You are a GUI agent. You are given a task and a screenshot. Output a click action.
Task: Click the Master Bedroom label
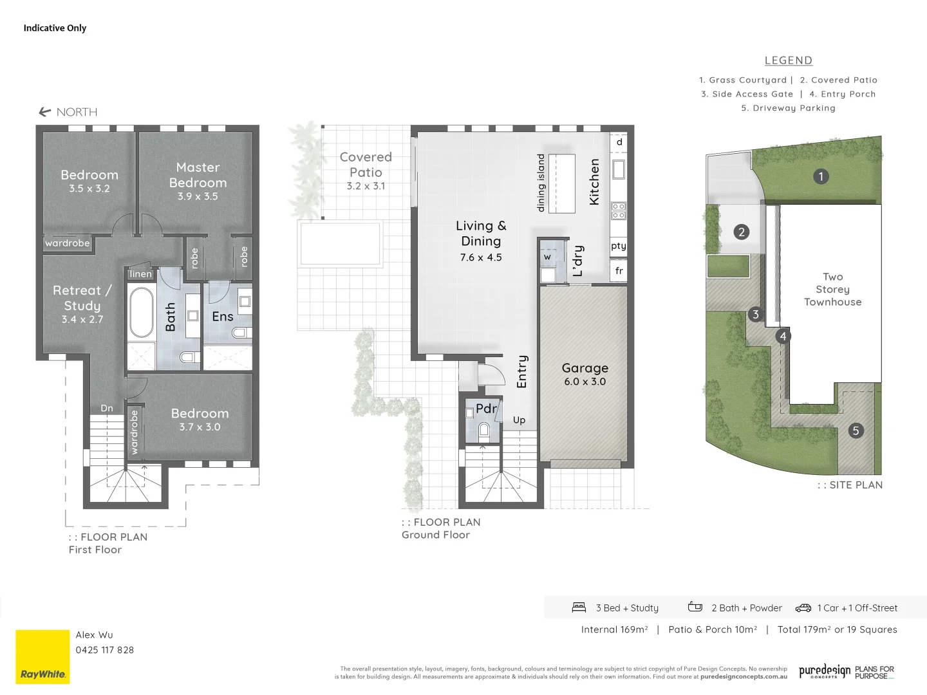[198, 175]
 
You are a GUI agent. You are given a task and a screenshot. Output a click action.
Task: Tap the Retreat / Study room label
[82, 298]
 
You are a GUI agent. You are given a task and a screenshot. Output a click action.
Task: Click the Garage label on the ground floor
[585, 368]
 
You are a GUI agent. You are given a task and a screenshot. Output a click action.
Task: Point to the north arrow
[45, 112]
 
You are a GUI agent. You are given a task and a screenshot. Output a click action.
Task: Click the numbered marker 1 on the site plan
[820, 176]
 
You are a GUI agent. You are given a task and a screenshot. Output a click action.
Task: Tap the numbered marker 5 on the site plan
[856, 431]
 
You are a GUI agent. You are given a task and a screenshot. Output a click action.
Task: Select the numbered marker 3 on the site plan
[756, 315]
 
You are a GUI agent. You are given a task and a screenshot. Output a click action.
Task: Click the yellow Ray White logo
[42, 656]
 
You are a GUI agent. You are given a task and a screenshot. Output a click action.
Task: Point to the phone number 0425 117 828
[105, 650]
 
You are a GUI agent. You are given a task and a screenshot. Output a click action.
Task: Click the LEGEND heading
[788, 60]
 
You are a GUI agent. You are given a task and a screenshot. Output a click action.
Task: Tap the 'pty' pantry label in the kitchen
[618, 246]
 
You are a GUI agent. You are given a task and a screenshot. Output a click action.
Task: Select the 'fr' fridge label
[619, 271]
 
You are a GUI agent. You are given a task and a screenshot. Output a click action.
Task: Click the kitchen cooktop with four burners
[618, 210]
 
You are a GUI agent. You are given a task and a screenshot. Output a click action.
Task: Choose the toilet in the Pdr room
[484, 431]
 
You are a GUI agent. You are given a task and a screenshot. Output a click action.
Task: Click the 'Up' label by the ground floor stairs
[519, 420]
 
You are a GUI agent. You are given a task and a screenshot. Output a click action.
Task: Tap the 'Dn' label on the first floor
[107, 408]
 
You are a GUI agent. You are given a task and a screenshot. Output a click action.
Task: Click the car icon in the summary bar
[803, 607]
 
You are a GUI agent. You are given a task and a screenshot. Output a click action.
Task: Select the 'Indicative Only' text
[55, 28]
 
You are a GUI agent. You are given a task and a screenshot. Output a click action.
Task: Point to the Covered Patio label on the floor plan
[366, 165]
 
